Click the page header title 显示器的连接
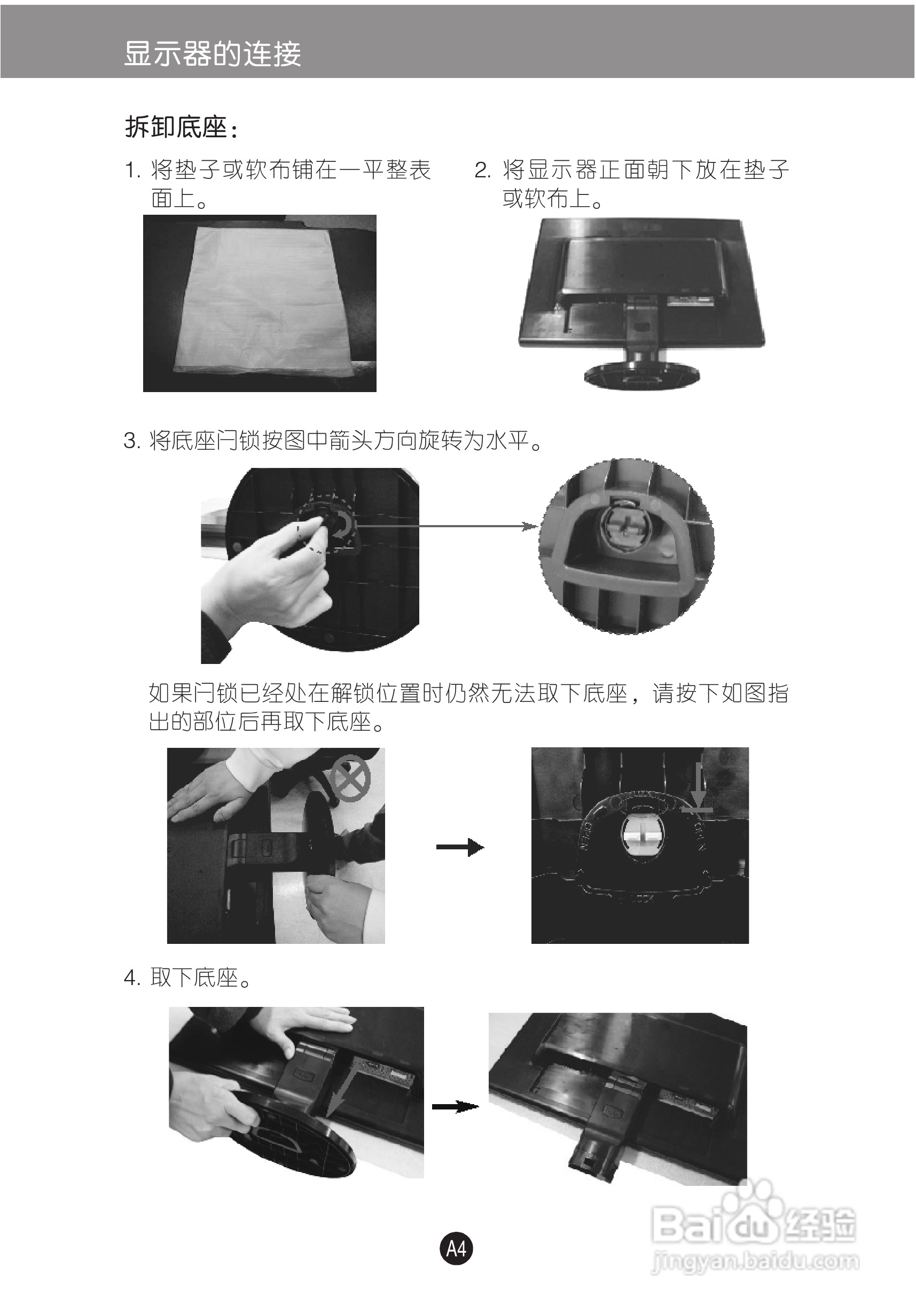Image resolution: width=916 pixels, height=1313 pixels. point(212,54)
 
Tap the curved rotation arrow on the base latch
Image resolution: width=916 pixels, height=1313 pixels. point(342,525)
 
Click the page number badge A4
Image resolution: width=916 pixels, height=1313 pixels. point(456,1248)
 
